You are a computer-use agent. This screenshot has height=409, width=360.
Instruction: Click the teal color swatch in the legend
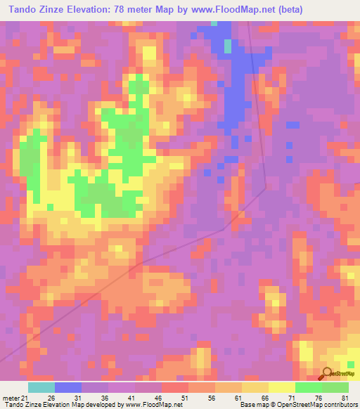(x=41, y=387)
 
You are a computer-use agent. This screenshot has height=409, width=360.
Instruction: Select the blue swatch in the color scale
(x=68, y=387)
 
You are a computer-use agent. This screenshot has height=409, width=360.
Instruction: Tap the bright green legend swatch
(x=309, y=387)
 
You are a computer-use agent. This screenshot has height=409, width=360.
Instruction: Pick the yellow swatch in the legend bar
(x=282, y=387)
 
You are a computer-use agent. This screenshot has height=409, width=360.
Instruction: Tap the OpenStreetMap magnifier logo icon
(x=327, y=374)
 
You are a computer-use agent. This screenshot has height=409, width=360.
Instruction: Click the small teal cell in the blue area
(x=227, y=46)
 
